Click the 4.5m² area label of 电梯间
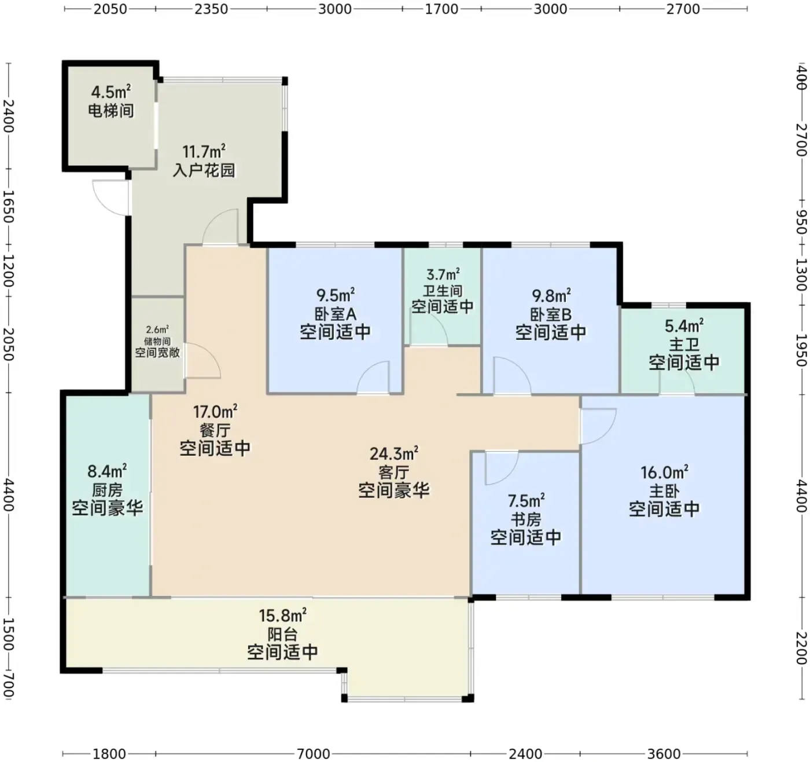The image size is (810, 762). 111,92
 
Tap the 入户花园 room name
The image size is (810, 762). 204,170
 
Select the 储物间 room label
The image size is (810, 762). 157,341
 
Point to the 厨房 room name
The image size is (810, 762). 107,490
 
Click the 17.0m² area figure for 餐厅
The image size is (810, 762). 215,412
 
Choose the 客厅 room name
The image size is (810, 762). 393,472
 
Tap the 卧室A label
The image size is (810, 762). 335,314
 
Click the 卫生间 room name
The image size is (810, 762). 443,291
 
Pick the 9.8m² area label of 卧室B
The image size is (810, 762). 551,295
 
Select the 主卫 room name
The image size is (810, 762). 684,345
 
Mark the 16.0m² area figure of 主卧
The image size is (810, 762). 664,472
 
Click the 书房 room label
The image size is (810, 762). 526,519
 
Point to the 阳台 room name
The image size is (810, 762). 282,634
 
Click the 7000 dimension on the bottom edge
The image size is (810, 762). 313,753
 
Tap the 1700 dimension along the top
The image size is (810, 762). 441,9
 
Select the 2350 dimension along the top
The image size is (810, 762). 211,9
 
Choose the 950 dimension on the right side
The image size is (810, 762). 801,222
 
